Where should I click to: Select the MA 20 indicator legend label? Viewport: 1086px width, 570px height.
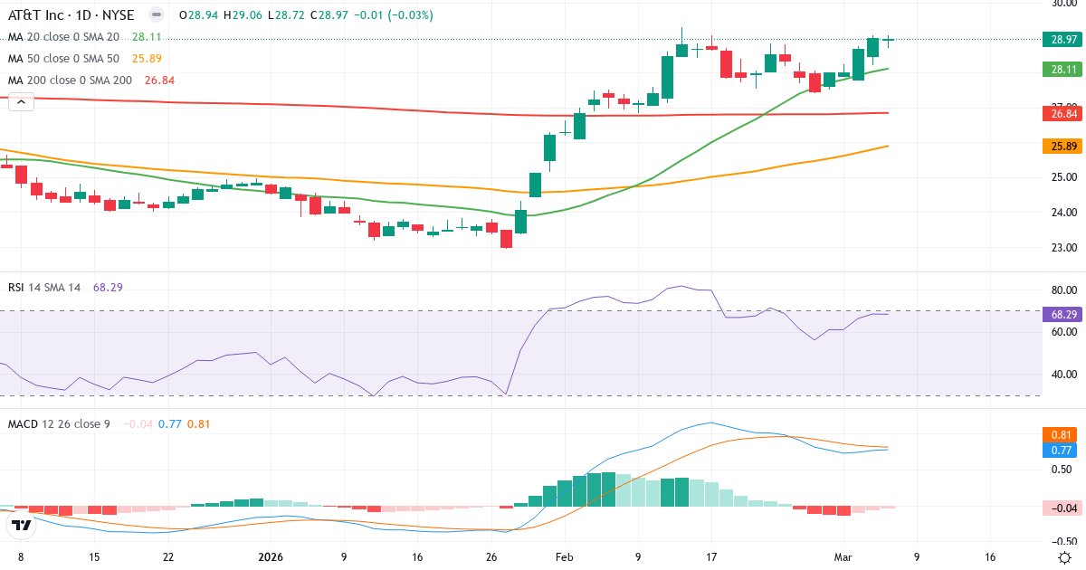tap(63, 37)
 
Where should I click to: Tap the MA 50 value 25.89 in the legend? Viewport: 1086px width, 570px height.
tap(147, 59)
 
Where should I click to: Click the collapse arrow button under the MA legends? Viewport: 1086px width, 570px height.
tap(21, 102)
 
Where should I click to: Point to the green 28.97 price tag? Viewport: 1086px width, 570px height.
tap(1063, 39)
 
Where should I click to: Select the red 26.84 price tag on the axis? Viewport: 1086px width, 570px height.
tap(1063, 113)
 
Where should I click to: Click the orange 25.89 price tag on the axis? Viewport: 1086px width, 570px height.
tap(1063, 146)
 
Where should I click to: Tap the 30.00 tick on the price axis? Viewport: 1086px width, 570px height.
tap(1063, 4)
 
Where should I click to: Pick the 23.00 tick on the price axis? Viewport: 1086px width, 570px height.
tap(1063, 247)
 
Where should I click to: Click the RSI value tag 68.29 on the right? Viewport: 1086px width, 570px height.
tap(1063, 314)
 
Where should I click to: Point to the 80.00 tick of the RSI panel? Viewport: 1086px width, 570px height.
tap(1063, 290)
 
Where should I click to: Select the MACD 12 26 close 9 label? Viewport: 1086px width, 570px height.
tap(59, 423)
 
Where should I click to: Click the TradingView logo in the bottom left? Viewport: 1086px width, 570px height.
tap(22, 524)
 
